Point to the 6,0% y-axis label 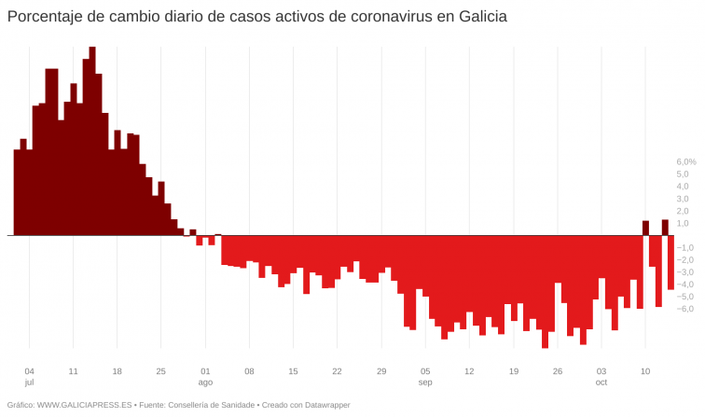click(686, 162)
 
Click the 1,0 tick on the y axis click(683, 223)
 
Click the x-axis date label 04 click(29, 370)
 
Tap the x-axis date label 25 click(160, 370)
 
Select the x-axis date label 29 click(380, 370)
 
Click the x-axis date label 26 click(557, 370)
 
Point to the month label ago click(206, 382)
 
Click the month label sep click(425, 382)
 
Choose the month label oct click(601, 382)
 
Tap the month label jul click(29, 382)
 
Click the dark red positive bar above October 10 click(645, 228)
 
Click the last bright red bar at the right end click(670, 262)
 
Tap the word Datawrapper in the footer click(326, 405)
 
